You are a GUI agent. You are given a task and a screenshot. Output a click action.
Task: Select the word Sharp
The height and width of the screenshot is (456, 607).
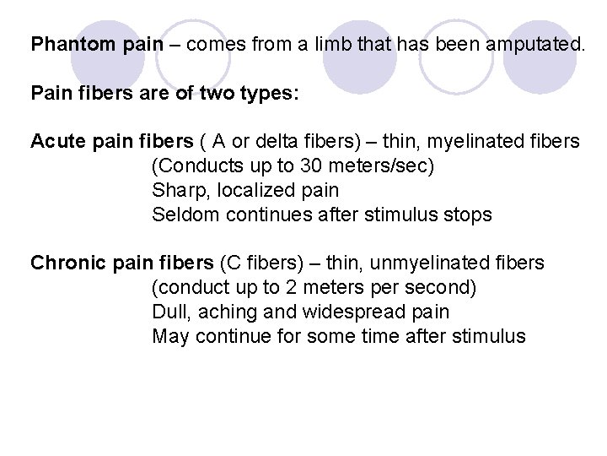tap(175, 190)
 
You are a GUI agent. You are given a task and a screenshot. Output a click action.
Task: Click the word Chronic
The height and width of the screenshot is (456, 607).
tap(63, 263)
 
